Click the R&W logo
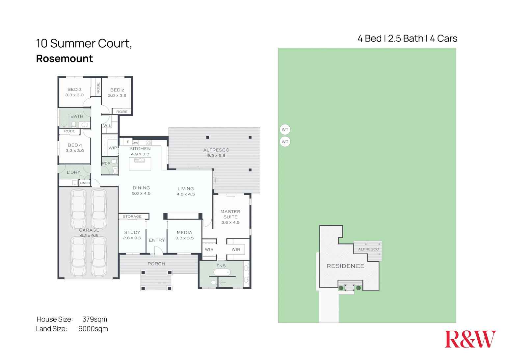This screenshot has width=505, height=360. coord(470,339)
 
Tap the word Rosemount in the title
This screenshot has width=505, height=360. coord(65,59)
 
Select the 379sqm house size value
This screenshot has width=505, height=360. coord(95,319)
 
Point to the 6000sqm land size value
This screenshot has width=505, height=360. coord(93,329)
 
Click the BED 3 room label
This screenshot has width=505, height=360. coord(74,90)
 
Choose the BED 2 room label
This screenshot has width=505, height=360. coord(117,90)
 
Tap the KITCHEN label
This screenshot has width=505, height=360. coord(140,149)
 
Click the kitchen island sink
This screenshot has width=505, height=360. coord(140,160)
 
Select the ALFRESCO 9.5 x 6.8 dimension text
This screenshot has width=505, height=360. coord(216,156)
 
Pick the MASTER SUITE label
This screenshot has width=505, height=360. coord(230,214)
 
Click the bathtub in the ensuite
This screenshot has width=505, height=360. coord(222,272)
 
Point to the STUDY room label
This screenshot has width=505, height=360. coord(132,232)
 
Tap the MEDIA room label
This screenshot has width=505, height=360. coord(184,232)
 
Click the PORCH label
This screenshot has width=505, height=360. coord(156,264)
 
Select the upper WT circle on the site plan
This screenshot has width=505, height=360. coord(285,130)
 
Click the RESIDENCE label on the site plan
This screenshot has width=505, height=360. coord(345,266)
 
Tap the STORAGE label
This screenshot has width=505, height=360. coord(132,217)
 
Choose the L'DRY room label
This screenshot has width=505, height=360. coord(73,172)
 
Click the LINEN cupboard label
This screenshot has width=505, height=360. coord(85,183)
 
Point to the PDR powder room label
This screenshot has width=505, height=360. coord(106,163)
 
